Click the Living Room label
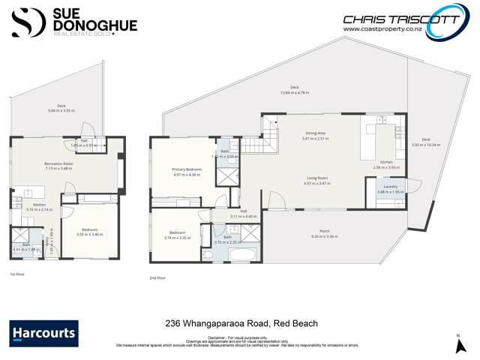[x=316, y=178]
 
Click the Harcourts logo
[x=43, y=331]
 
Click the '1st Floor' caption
[x=16, y=274]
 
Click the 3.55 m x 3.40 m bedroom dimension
[x=89, y=235]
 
